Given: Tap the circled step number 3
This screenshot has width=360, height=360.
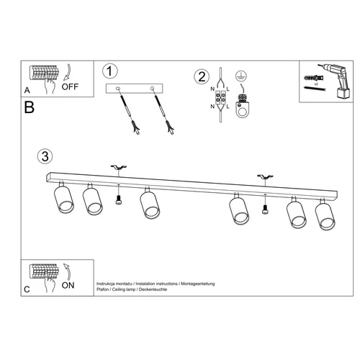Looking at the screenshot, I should [x=45, y=156].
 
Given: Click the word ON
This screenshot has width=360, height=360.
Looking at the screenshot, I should [x=68, y=286].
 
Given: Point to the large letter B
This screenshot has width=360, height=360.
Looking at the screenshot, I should [x=29, y=108].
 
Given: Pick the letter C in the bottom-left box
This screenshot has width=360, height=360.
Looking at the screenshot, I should [x=27, y=289].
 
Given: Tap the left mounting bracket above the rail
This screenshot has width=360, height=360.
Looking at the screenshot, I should [x=118, y=168].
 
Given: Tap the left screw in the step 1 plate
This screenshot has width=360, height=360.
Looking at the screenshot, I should [x=118, y=89].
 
